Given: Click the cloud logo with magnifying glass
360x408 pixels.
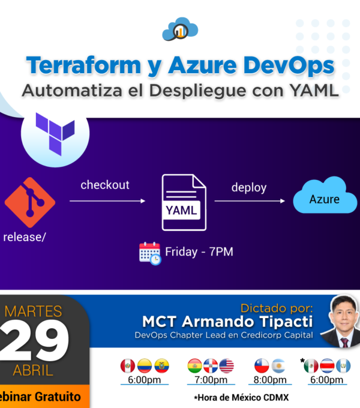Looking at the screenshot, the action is [x=180, y=29].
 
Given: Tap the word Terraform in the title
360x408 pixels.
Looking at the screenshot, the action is [x=83, y=65].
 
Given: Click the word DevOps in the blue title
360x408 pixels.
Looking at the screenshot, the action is [x=289, y=65].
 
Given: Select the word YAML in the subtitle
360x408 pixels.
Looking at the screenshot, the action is [x=314, y=91].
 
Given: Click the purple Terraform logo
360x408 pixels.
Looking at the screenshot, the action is [x=55, y=134].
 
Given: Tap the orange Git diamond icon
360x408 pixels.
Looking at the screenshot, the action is [x=30, y=202].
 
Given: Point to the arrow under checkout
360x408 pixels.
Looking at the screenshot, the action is [x=107, y=201].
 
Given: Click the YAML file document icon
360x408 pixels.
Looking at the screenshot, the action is [x=184, y=202].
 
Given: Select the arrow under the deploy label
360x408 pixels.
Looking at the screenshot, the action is [x=250, y=201].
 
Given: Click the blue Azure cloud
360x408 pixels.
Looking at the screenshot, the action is [x=325, y=195].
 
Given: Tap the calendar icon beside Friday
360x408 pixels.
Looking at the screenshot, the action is [x=150, y=253].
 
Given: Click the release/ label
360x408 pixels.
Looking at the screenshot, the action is [x=25, y=238].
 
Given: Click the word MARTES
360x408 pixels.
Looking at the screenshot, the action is [x=33, y=311].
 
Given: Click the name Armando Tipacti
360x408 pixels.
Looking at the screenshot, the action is [x=247, y=322].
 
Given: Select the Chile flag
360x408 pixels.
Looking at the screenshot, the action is [x=262, y=365].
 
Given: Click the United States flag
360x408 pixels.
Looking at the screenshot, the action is [x=227, y=365].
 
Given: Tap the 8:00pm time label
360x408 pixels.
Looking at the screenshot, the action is [x=270, y=380].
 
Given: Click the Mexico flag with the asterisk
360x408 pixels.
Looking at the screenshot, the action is [x=311, y=365].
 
